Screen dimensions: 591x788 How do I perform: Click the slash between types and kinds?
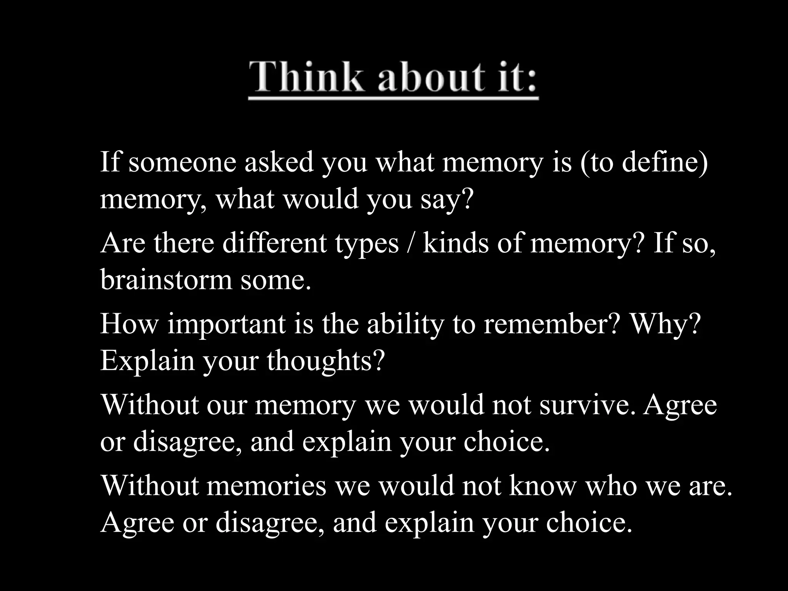click(411, 244)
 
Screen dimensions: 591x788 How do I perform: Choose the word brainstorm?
click(166, 280)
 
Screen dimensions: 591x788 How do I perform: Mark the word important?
click(227, 324)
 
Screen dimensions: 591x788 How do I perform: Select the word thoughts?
click(326, 361)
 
